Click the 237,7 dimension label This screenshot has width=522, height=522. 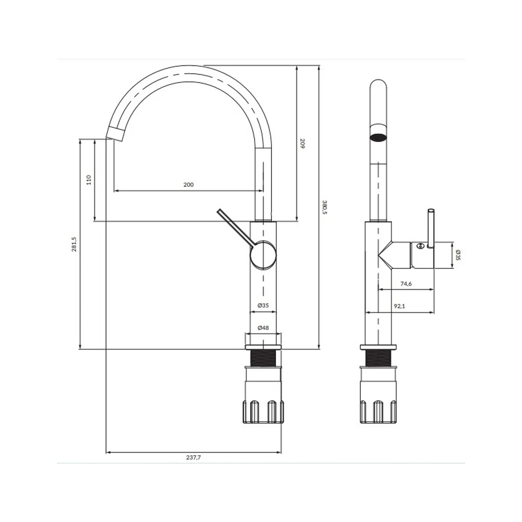[194, 457]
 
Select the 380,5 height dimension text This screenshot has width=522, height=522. [325, 207]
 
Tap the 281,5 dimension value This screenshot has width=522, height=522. [74, 244]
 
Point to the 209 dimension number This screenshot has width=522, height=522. [302, 144]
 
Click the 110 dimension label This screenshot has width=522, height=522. [89, 180]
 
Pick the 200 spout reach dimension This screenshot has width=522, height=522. [188, 185]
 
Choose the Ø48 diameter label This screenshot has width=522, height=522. [263, 328]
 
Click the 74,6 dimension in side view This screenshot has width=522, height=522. [406, 284]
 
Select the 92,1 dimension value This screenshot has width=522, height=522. [399, 306]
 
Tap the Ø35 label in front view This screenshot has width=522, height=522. [263, 305]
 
